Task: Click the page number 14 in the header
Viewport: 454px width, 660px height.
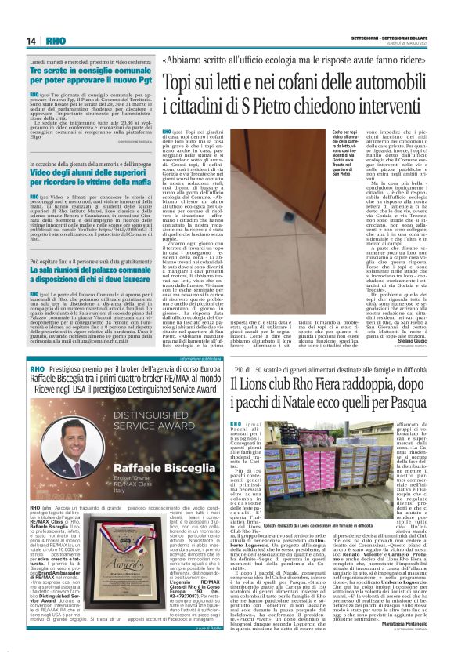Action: pyautogui.click(x=32, y=40)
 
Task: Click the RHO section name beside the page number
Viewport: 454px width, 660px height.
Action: pyautogui.click(x=56, y=40)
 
